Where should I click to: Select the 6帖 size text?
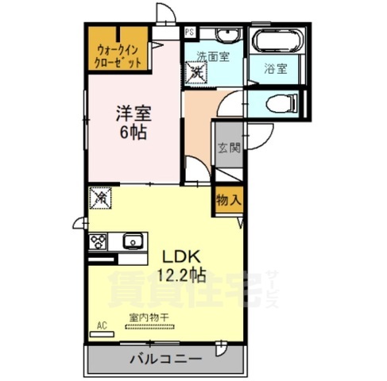point(134,132)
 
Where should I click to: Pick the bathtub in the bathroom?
point(274,40)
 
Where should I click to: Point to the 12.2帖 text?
point(184,275)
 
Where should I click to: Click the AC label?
point(102,325)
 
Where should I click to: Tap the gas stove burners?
point(100,241)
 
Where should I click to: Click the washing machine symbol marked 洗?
point(195,73)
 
